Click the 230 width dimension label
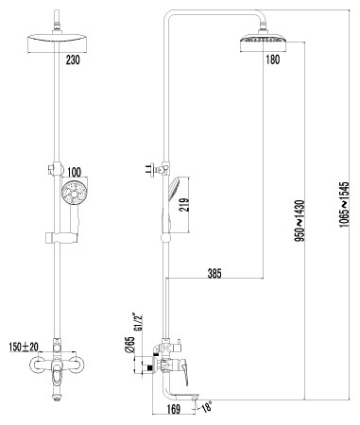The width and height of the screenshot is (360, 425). point(73,59)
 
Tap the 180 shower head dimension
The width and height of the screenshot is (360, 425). point(273,59)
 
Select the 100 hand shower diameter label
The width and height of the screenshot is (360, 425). point(74,172)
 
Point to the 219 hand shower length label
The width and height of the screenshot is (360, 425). point(183,205)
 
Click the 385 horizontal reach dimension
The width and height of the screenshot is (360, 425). point(214,273)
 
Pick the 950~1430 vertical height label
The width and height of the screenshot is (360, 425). point(300,221)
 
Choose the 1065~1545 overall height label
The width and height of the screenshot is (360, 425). point(345,205)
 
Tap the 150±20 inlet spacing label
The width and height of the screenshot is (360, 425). point(24,347)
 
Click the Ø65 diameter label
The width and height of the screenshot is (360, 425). point(130,345)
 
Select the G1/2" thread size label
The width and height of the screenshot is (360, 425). point(139,322)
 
